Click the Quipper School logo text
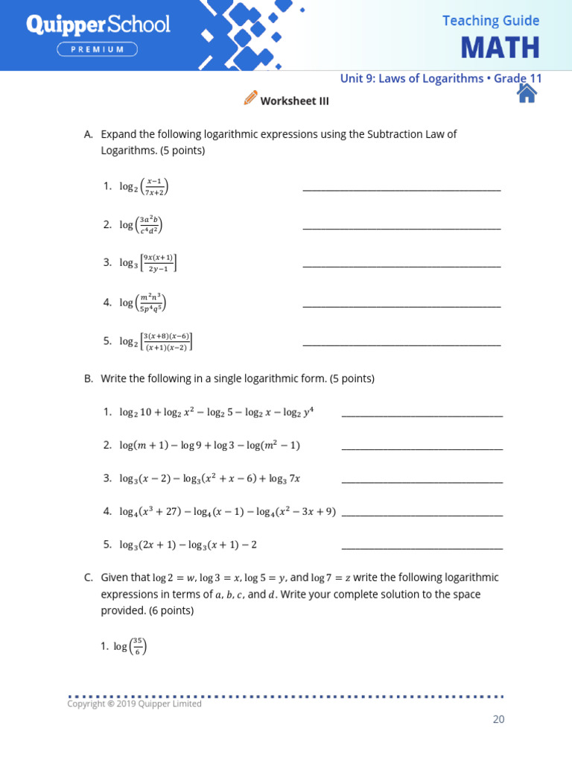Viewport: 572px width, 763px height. tap(98, 25)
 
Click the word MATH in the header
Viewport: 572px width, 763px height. tap(499, 48)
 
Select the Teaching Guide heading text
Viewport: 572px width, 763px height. tap(490, 21)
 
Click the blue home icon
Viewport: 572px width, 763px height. tap(527, 92)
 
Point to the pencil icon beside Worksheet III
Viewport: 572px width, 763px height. tap(250, 98)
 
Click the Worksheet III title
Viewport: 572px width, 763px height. tap(294, 101)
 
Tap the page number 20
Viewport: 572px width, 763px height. tap(498, 719)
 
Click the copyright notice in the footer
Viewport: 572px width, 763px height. tap(135, 703)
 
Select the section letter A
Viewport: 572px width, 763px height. tap(89, 134)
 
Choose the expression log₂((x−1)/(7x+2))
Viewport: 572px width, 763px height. tap(144, 186)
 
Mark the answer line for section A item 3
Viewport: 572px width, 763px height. tap(401, 266)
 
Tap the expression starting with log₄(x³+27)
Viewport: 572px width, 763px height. tap(227, 512)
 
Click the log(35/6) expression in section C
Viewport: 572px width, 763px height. tap(130, 647)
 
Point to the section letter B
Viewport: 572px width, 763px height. tap(89, 379)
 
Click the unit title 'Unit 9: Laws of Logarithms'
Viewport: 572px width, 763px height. tap(411, 78)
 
